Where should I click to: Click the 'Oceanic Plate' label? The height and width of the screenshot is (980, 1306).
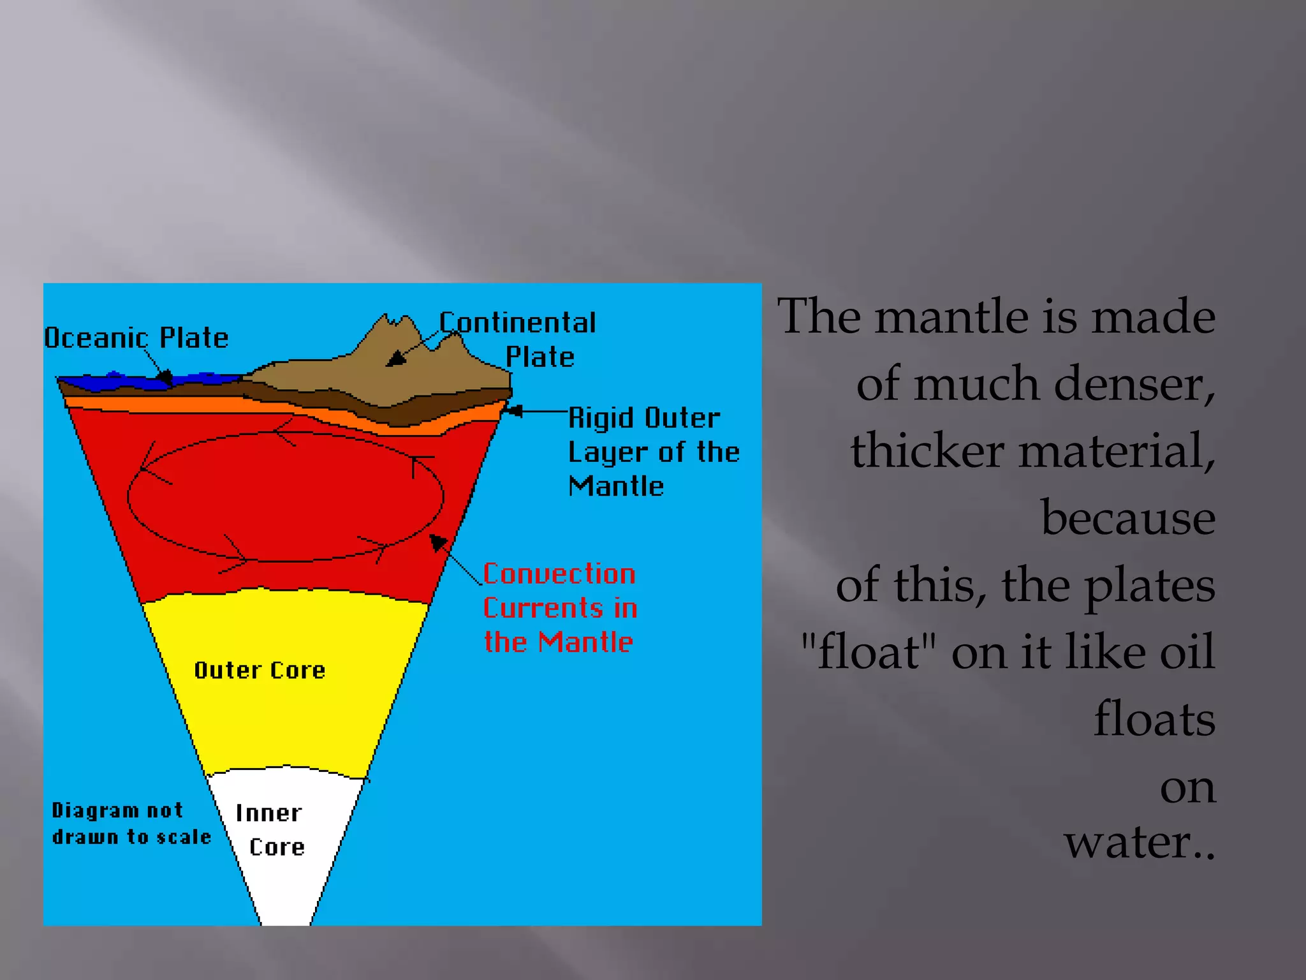pos(136,338)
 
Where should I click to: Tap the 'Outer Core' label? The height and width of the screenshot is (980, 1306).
pos(260,671)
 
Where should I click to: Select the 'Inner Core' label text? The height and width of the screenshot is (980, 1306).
pos(270,830)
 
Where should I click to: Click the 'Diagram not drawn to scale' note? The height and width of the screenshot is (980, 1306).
pos(131,824)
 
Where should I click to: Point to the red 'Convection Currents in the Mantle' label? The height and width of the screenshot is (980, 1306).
pos(559,608)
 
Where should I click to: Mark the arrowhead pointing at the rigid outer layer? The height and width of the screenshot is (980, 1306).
pos(513,411)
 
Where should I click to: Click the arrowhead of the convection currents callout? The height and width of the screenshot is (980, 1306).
pos(437,542)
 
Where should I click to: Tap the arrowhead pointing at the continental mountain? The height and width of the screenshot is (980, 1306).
pos(395,359)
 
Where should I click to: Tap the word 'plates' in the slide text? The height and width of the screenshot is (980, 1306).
pos(1150,586)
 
